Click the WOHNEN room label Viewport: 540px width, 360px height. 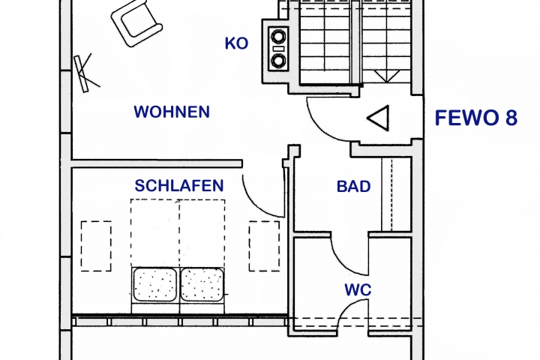172,112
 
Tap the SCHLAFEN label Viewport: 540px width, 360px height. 179,186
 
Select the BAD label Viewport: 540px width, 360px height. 354,186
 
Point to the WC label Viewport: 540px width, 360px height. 358,290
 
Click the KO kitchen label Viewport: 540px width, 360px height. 236,43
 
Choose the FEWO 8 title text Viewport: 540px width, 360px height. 476,118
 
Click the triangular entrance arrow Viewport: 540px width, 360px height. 378,118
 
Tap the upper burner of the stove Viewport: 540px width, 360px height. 278,36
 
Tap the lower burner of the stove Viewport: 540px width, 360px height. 278,61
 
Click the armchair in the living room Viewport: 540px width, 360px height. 136,23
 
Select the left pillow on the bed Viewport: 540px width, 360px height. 155,284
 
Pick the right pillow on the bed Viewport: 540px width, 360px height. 202,284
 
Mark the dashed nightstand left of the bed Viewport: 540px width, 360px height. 96,246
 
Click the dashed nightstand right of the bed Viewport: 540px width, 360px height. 264,246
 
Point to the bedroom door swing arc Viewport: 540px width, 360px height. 256,202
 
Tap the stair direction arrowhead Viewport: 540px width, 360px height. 387,76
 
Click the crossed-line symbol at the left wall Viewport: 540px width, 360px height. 86,72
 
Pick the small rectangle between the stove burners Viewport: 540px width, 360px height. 278,49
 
